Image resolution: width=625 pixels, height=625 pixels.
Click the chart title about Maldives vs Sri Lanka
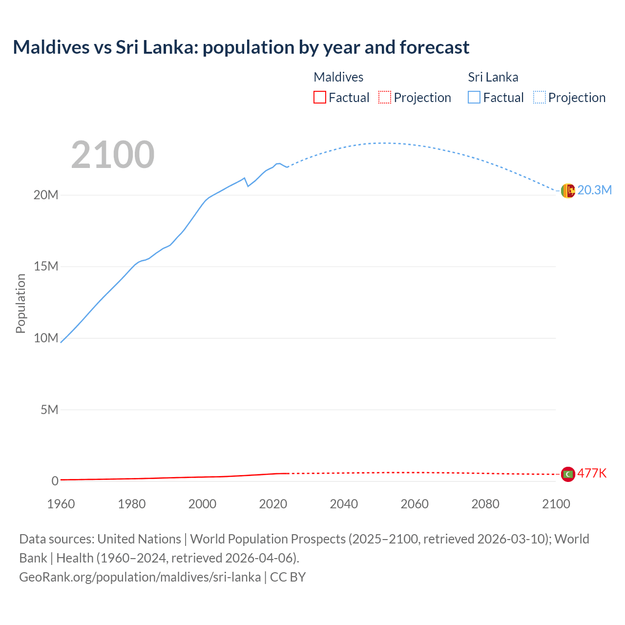pos(241,47)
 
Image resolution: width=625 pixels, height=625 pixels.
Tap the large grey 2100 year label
pos(113,155)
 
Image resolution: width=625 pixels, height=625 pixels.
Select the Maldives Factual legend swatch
pos(319,97)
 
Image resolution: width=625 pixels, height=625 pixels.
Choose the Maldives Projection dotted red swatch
pos(385,97)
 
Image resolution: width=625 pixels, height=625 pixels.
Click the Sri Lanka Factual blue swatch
pos(474,97)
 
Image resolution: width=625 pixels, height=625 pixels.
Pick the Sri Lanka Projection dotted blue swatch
pos(539,97)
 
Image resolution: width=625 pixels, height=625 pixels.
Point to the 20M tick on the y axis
pos(46,195)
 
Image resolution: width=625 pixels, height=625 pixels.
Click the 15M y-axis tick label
pos(46,266)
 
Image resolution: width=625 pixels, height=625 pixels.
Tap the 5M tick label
pos(49,410)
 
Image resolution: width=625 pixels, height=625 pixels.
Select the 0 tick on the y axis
pos(55,481)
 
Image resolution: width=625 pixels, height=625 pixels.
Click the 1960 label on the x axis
pos(61,504)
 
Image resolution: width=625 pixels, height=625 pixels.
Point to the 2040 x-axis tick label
pos(344,504)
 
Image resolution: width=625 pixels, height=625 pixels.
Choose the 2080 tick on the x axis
pos(485,504)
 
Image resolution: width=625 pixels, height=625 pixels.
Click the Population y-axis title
pos(21,303)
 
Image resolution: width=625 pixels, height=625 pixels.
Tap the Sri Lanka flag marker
pos(568,191)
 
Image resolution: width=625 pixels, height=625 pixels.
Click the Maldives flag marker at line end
pos(568,474)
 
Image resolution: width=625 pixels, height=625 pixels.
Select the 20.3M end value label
pos(594,190)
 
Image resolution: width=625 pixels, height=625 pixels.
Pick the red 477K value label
pos(592,473)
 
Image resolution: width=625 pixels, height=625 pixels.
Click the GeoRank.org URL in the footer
pos(140,577)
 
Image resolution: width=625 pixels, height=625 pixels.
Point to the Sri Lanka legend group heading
pos(493,77)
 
